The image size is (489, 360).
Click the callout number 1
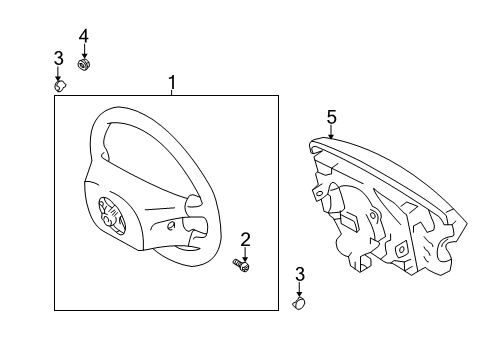pyautogui.click(x=171, y=80)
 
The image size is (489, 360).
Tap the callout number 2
pyautogui.click(x=245, y=238)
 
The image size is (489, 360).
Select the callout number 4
pyautogui.click(x=84, y=38)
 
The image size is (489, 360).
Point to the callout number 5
pyautogui.click(x=330, y=115)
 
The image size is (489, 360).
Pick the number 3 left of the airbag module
pyautogui.click(x=299, y=273)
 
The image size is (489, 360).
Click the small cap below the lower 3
pyautogui.click(x=299, y=299)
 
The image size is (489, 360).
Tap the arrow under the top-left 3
pyautogui.click(x=59, y=72)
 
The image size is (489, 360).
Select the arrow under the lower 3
pyautogui.click(x=299, y=288)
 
